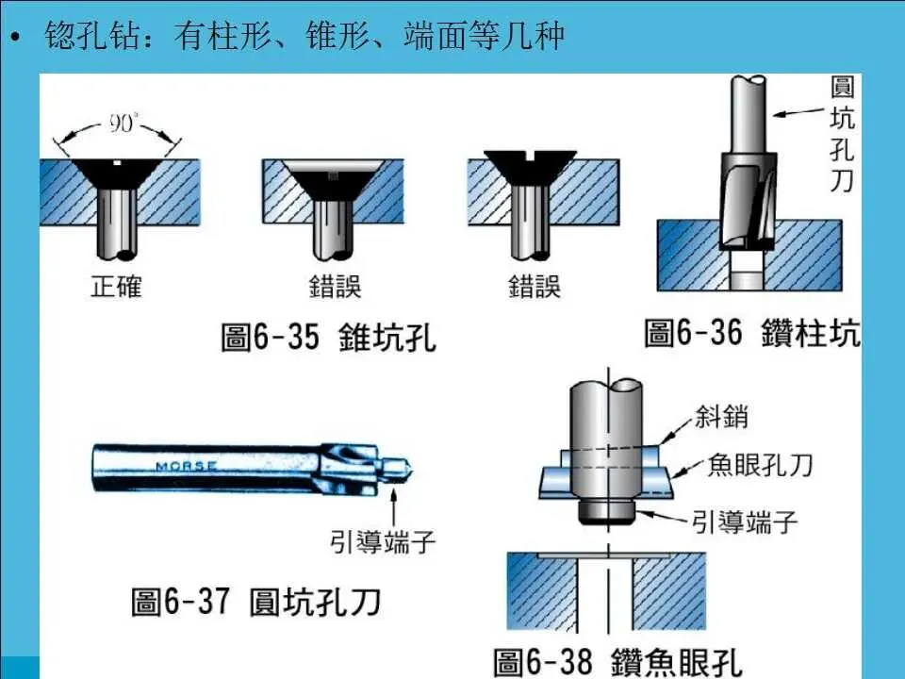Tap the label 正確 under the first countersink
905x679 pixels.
pos(116,286)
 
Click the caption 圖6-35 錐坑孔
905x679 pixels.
pos(329,337)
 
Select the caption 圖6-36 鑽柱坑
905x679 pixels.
pos(752,333)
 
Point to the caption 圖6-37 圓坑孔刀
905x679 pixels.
pos(255,601)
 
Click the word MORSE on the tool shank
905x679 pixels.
pos(186,466)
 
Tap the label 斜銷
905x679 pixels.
pos(722,415)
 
